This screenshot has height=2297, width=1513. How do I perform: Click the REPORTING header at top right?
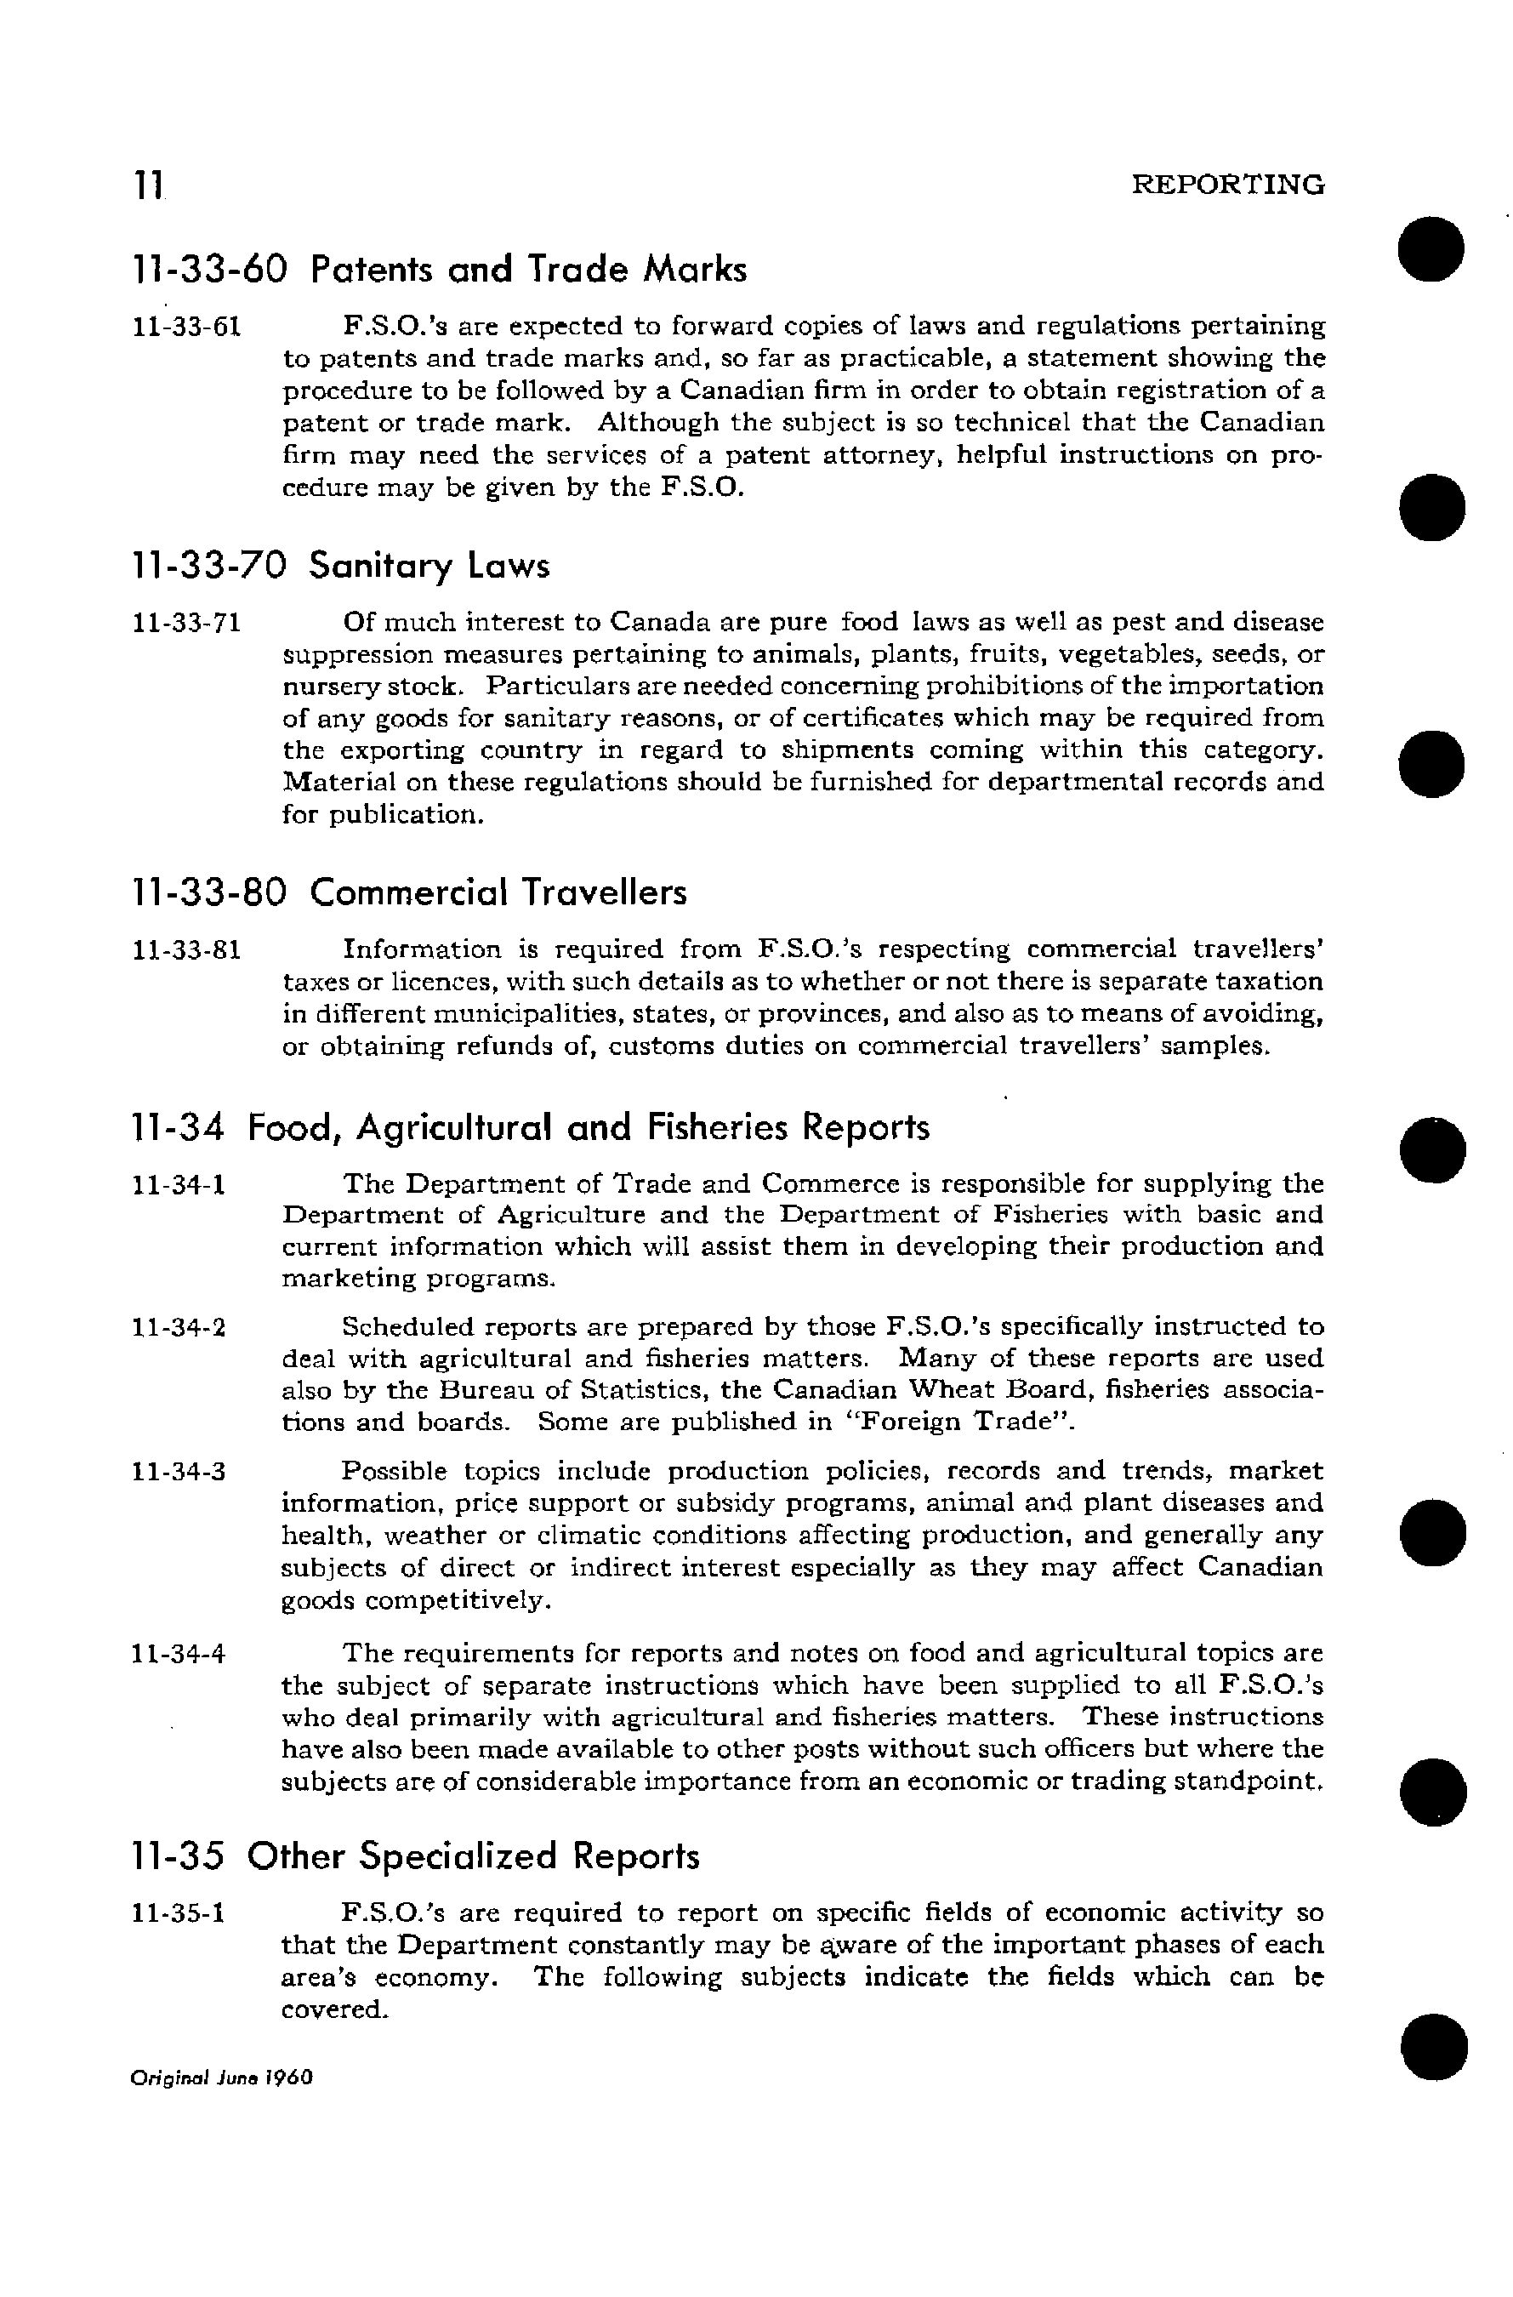tap(1227, 185)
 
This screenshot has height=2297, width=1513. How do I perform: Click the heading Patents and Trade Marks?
tap(439, 270)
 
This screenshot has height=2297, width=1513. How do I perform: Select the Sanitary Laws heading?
tap(339, 566)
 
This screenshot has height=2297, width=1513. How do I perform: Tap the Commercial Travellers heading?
tap(408, 892)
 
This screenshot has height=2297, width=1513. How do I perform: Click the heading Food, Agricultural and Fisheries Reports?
tap(531, 1126)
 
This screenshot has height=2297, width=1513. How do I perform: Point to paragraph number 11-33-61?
tap(185, 328)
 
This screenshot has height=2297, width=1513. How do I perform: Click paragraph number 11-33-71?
tap(185, 623)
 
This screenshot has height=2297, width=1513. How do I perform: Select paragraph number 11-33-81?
tap(185, 949)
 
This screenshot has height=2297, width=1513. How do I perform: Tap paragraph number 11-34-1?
tap(179, 1184)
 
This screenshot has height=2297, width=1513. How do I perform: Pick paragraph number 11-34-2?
tap(179, 1327)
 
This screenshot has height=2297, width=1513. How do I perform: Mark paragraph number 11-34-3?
tap(179, 1473)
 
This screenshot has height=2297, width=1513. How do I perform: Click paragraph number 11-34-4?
tap(179, 1654)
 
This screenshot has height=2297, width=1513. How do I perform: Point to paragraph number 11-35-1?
tap(179, 1912)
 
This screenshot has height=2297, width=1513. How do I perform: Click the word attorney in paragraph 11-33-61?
tap(880, 454)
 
